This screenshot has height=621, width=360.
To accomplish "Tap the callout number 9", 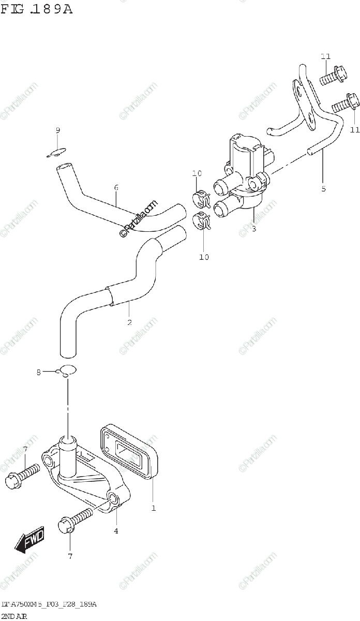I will (x=58, y=130).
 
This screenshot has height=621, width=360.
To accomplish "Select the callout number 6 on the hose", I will (x=116, y=187).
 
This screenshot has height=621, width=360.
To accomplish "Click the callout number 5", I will (x=323, y=189).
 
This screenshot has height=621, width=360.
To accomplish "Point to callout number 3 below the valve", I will (x=253, y=228).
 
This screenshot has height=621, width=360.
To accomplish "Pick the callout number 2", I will (x=129, y=322).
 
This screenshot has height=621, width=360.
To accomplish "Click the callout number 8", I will (x=38, y=372).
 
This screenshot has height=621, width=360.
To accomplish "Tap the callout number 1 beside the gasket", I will (x=153, y=508).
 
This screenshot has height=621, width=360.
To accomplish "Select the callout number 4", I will (x=116, y=531).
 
